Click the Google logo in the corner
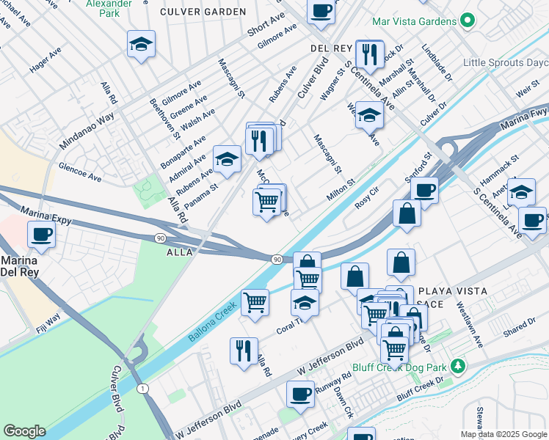24,431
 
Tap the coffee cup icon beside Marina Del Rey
42,235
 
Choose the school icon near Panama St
227,159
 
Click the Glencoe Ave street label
80,172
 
